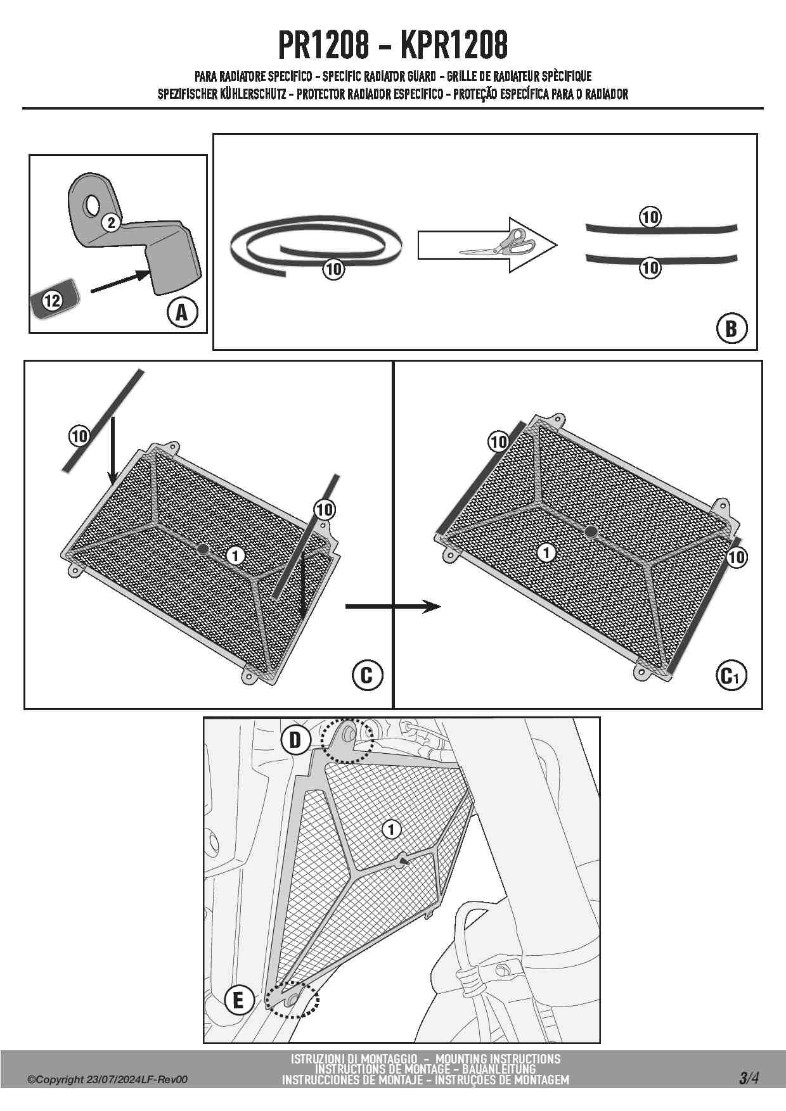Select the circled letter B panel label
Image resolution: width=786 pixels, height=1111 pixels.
point(731,328)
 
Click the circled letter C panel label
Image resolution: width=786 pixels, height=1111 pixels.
point(367,675)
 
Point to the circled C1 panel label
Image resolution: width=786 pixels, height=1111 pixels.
point(731,676)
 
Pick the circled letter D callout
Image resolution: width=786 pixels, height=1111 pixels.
point(295,740)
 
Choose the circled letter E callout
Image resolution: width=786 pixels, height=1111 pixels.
point(239,1000)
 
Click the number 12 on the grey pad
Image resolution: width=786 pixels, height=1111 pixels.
point(52,300)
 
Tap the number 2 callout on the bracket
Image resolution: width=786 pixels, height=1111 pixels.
point(111,222)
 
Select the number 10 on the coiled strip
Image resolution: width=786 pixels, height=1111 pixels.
point(333,269)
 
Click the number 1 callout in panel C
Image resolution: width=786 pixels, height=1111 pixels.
point(235,555)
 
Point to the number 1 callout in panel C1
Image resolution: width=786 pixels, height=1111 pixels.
point(546,552)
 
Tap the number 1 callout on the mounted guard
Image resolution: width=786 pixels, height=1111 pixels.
point(391,829)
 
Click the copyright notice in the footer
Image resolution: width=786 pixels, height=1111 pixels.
point(107,1080)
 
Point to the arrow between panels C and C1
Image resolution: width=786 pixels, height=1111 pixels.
point(392,607)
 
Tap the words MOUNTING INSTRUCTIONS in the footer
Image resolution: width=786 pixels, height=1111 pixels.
point(498,1058)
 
